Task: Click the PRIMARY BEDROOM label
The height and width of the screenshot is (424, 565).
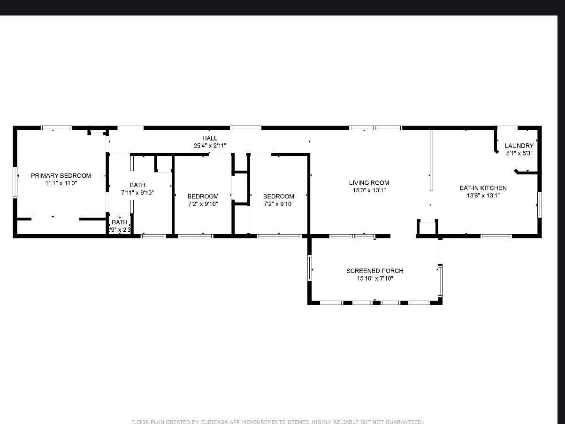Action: click(x=61, y=175)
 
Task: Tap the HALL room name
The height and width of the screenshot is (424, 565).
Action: click(x=210, y=138)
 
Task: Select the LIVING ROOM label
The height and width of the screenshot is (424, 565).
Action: click(x=369, y=183)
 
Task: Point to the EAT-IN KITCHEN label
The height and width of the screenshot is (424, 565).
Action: click(x=483, y=188)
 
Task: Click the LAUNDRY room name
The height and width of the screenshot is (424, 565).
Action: click(x=519, y=146)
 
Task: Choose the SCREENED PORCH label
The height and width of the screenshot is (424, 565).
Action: click(x=374, y=271)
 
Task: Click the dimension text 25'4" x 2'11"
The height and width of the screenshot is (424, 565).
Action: click(x=210, y=146)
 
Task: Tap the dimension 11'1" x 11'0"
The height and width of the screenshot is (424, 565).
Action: click(x=61, y=183)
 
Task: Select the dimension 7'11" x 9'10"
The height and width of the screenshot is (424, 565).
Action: click(x=137, y=193)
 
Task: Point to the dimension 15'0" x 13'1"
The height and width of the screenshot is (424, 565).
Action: click(x=369, y=190)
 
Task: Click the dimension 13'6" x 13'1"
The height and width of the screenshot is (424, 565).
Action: click(x=483, y=196)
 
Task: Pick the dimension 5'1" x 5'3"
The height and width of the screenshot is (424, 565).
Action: click(x=519, y=153)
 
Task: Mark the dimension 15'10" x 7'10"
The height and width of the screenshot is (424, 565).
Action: click(x=374, y=278)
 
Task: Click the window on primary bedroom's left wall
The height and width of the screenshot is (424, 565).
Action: click(x=15, y=182)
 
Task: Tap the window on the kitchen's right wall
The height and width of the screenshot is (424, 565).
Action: click(x=540, y=204)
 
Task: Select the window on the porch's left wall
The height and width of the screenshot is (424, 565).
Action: click(x=310, y=268)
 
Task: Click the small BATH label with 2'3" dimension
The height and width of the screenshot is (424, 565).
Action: click(x=120, y=222)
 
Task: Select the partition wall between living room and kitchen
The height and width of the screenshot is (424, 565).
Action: click(x=431, y=160)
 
